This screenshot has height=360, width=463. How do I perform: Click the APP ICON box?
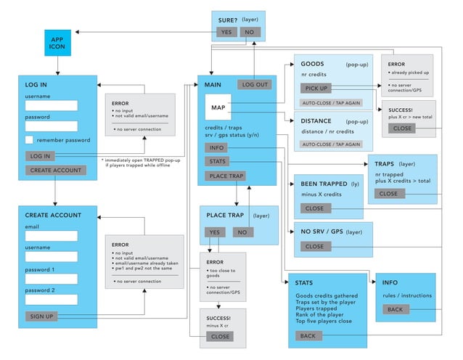tap(57, 44)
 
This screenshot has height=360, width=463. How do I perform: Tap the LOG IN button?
tap(41, 155)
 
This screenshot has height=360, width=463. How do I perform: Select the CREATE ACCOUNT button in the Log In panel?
tap(56, 170)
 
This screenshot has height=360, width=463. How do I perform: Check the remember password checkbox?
tap(29, 140)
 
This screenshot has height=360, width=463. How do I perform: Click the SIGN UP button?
tap(41, 316)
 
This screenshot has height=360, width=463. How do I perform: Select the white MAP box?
tap(218, 108)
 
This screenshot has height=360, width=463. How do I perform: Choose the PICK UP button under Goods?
tap(316, 88)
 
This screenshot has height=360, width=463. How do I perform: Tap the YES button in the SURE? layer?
tap(226, 32)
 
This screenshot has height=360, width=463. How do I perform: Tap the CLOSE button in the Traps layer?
tap(388, 194)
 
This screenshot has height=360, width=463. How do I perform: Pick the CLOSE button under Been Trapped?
tap(314, 208)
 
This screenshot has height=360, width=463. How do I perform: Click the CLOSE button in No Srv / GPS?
tap(314, 246)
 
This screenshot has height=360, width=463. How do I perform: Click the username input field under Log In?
tap(52, 105)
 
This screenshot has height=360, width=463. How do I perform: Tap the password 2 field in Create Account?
tap(52, 300)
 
